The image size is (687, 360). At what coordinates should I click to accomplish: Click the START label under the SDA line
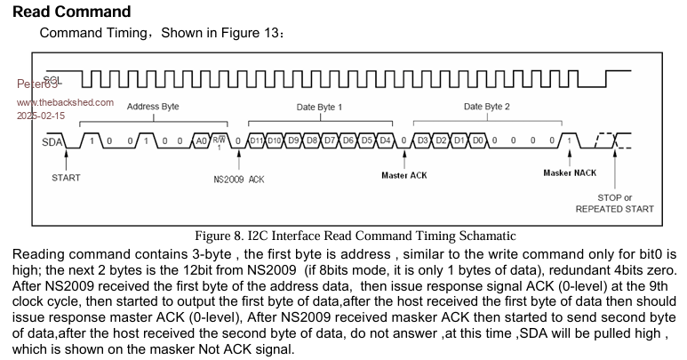click(x=65, y=177)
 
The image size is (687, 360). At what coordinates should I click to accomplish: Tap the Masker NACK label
click(x=571, y=172)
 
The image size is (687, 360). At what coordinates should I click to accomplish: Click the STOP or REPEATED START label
click(x=614, y=203)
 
